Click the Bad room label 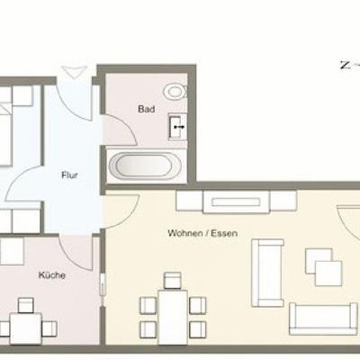[147, 109]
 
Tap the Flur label [69, 175]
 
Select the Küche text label [52, 275]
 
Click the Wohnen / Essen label [202, 233]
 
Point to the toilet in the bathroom [175, 91]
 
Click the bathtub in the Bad [145, 165]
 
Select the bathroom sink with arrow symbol [178, 127]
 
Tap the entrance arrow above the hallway [74, 72]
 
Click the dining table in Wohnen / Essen [173, 317]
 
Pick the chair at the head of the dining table [173, 281]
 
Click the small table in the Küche [25, 328]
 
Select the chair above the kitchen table [26, 305]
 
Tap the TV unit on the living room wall [237, 202]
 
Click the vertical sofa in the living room [267, 273]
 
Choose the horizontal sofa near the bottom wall [323, 319]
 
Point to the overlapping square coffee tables [324, 267]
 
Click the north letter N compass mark [346, 65]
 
